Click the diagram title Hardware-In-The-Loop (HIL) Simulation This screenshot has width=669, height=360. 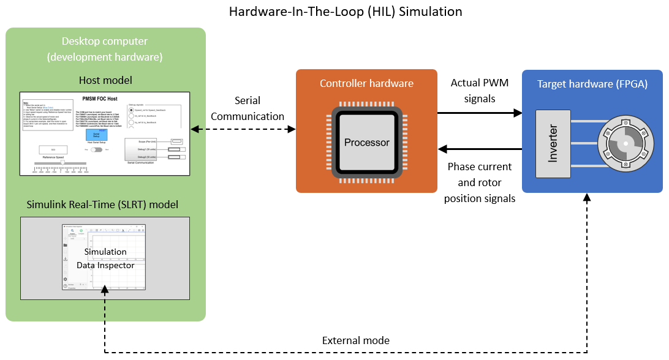(x=346, y=12)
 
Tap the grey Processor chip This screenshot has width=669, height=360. (x=366, y=143)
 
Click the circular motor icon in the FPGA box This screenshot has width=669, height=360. (x=622, y=143)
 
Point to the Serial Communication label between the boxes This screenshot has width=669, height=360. (x=247, y=108)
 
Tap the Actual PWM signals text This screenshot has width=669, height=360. (x=478, y=90)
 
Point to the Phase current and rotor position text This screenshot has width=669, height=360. (x=479, y=182)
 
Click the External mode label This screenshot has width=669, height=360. (x=356, y=340)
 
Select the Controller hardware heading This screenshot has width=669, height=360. (x=366, y=83)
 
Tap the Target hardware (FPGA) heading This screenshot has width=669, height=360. (x=592, y=84)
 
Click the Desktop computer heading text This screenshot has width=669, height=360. (x=104, y=49)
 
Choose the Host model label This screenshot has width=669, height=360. (x=105, y=80)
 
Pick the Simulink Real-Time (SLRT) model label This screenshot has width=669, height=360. (x=102, y=204)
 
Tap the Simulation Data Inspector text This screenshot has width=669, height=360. (x=105, y=258)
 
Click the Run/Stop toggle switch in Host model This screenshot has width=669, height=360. (x=96, y=149)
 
